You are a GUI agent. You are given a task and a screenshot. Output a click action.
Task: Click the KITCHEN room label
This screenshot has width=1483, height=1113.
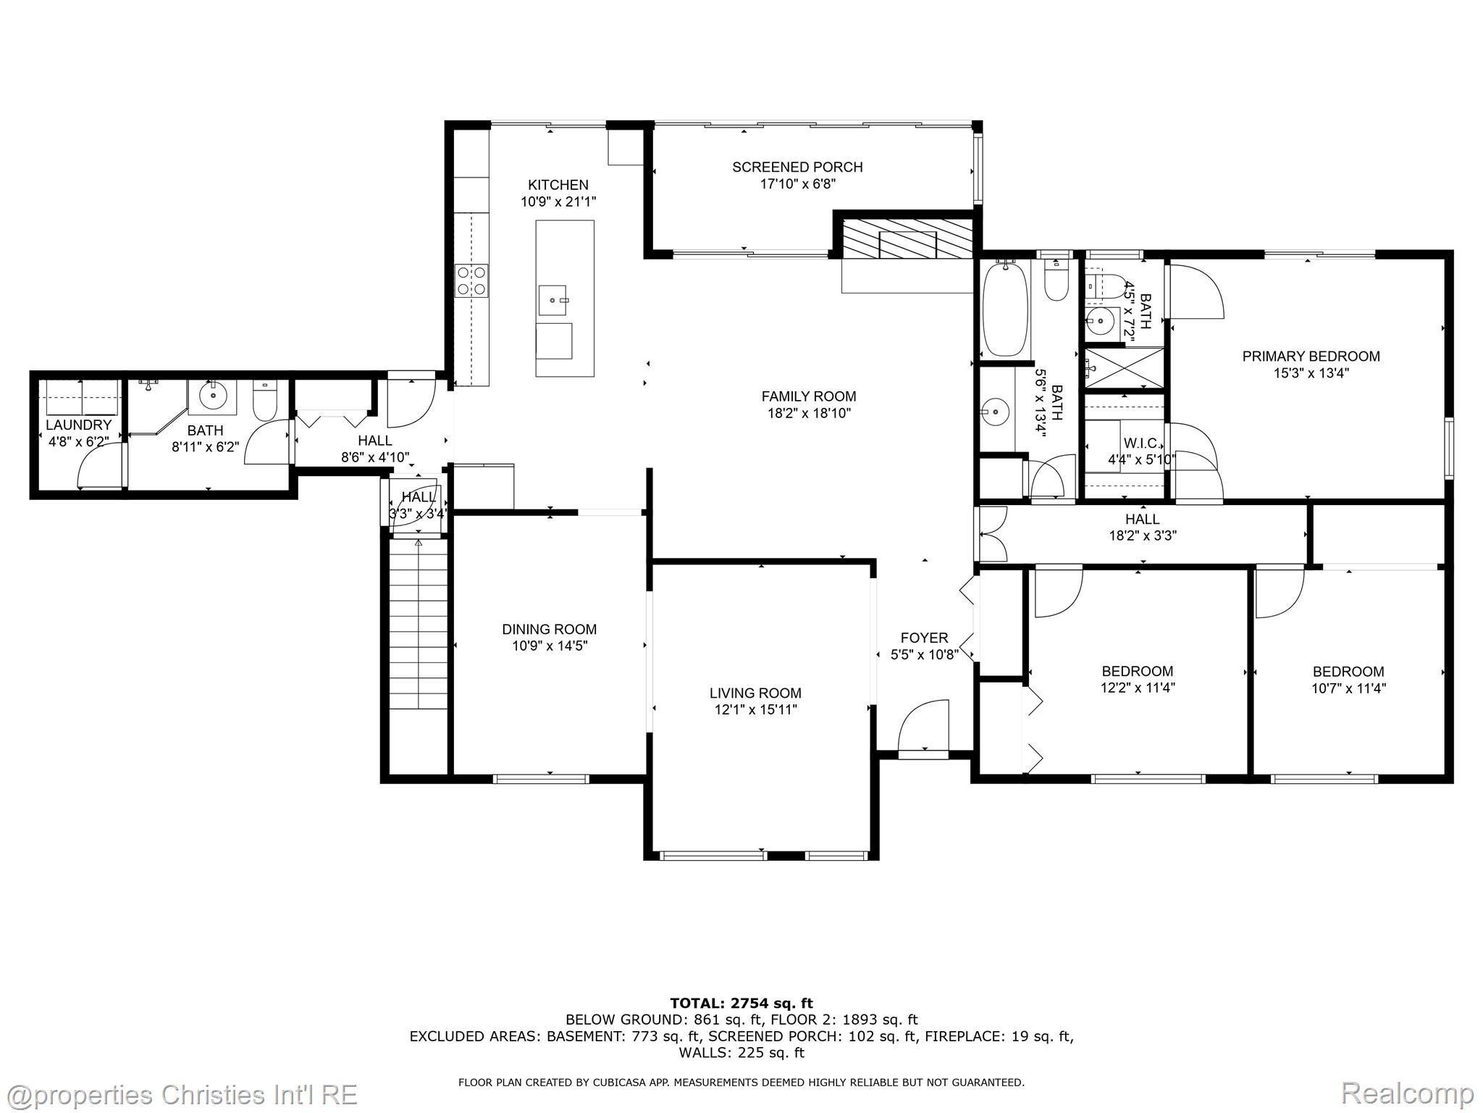pos(558,185)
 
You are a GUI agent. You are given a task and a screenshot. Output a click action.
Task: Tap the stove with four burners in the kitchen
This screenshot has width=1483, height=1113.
pos(471,280)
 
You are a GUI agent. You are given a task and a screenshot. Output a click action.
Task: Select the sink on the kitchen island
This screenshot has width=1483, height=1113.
pos(555,300)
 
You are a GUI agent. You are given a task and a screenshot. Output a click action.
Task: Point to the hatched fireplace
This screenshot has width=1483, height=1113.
pos(907,238)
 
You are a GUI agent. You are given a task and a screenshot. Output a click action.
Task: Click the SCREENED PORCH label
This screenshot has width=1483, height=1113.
pos(797,167)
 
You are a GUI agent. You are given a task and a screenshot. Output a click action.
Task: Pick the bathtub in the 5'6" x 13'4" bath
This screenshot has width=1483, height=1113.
pos(1005,309)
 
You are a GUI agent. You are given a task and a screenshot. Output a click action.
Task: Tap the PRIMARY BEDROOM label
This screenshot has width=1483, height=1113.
pos(1311,357)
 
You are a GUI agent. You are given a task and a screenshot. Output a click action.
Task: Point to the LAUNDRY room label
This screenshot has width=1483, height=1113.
pos(79,425)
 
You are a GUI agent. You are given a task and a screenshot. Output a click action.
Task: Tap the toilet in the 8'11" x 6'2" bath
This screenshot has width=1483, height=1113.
pos(264,402)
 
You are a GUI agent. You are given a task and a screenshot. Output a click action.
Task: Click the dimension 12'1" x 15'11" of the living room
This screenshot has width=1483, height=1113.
pos(755,710)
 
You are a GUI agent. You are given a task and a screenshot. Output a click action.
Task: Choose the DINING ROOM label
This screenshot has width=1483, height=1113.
pos(550,630)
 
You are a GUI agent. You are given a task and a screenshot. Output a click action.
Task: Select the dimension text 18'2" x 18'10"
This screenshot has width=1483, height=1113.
pos(809,414)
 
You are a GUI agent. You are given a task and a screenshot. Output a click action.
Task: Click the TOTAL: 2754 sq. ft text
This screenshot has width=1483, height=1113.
pos(741,1004)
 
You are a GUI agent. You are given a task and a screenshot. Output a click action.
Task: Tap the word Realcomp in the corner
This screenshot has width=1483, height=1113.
pos(1407,1093)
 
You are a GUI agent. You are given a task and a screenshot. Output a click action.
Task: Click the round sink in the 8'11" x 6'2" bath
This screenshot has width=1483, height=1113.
pos(213,396)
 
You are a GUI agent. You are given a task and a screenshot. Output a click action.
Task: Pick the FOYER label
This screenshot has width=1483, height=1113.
pos(924,638)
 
